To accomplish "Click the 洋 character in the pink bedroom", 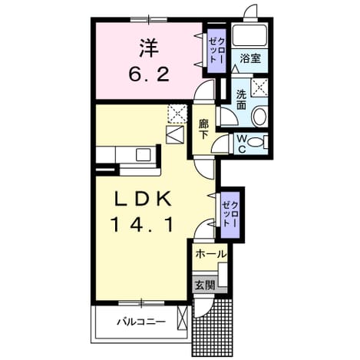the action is (x=150, y=48).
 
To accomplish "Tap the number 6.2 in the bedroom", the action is (x=149, y=74).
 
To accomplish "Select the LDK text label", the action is (x=143, y=200).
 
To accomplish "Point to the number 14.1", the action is (x=142, y=225).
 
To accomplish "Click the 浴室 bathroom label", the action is (x=250, y=59).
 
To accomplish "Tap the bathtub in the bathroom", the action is (x=249, y=35).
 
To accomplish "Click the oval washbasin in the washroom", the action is (x=260, y=117).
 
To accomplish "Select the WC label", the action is (x=242, y=144).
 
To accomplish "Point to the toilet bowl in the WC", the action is (x=256, y=142).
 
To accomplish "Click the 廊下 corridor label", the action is (x=203, y=129).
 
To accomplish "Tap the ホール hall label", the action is (x=211, y=254).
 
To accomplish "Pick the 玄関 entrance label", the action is (x=205, y=286).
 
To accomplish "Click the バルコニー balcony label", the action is (x=141, y=322).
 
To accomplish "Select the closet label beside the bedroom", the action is (x=216, y=51).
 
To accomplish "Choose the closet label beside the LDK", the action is (x=230, y=214).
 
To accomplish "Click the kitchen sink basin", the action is (x=143, y=155).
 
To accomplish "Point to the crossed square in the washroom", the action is (x=259, y=88).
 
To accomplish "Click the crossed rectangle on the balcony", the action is (x=182, y=319).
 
